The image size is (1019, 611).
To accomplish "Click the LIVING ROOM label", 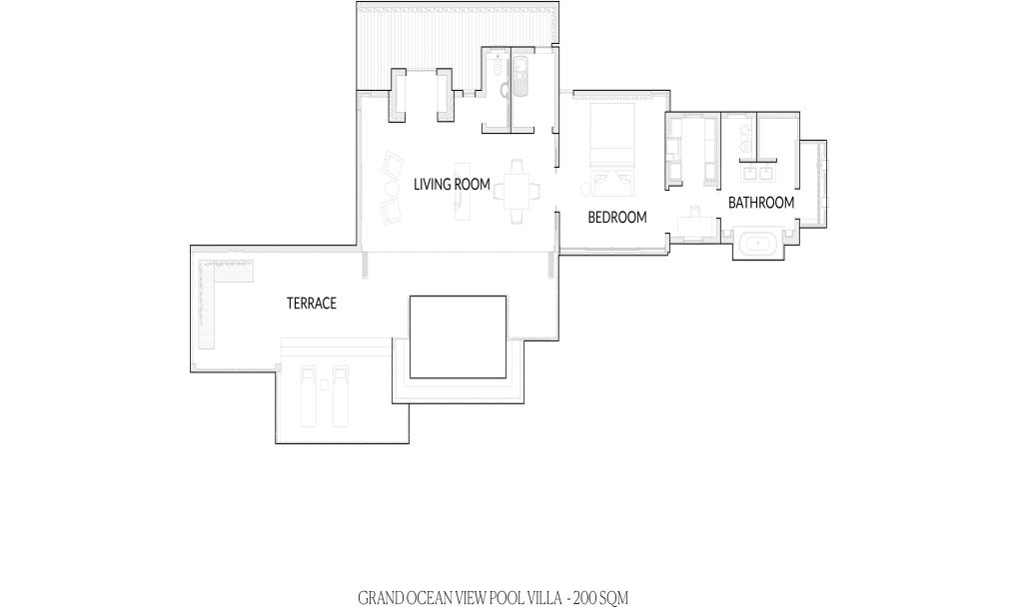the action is (452, 185).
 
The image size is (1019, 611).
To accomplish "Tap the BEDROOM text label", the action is (617, 218).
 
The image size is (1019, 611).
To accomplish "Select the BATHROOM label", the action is (761, 203).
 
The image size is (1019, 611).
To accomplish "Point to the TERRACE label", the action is (312, 304).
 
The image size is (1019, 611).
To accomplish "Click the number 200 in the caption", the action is (583, 598).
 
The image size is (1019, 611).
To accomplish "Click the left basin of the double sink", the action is (749, 174).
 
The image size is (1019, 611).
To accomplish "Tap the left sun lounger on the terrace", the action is (308, 396).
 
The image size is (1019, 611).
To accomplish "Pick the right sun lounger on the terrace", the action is (340, 396).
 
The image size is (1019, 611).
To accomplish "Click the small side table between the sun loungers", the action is (325, 385).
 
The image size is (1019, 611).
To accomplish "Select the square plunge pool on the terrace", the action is (458, 337).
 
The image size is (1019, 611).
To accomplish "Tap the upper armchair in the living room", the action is (392, 165).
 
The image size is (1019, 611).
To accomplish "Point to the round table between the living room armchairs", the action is (393, 189).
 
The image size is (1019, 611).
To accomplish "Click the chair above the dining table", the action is (517, 168).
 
